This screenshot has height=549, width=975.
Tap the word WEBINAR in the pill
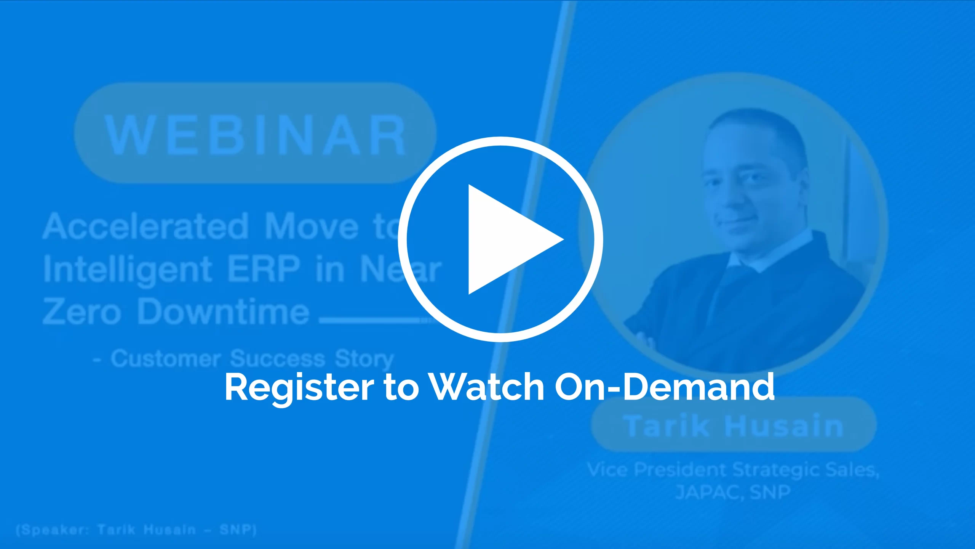click(255, 135)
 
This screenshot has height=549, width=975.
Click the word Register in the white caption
click(299, 387)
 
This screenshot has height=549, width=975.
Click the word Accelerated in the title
click(146, 226)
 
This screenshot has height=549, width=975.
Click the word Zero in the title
click(82, 311)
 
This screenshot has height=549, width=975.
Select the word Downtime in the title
click(223, 311)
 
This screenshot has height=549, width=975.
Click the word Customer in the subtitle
click(166, 359)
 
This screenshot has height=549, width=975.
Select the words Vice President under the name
click(657, 470)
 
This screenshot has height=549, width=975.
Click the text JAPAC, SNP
click(733, 492)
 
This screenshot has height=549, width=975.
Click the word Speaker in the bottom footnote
click(53, 530)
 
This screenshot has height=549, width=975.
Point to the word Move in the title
click(312, 226)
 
